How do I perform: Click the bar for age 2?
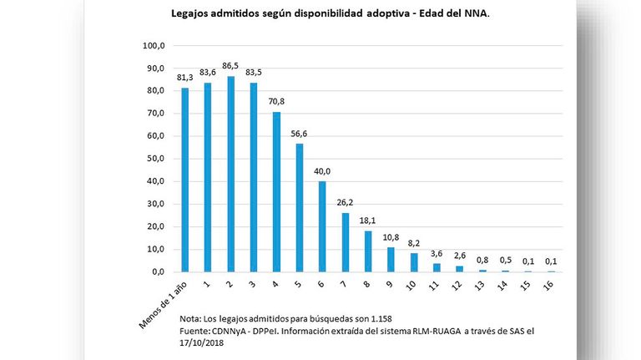[231, 174]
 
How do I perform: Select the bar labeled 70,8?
[277, 192]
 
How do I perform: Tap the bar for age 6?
[322, 226]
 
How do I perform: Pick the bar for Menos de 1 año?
[185, 180]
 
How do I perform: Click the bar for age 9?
[391, 260]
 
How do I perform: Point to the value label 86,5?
[230, 66]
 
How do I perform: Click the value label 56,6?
[300, 134]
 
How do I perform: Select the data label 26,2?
[345, 202]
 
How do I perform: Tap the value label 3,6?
[437, 254]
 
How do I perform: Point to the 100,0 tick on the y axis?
[154, 46]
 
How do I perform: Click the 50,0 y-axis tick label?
[156, 159]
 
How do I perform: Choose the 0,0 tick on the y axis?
[159, 272]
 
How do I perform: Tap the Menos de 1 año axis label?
[163, 305]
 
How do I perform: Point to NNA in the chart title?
[477, 13]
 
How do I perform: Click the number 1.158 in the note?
[381, 319]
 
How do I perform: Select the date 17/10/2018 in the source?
[201, 342]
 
